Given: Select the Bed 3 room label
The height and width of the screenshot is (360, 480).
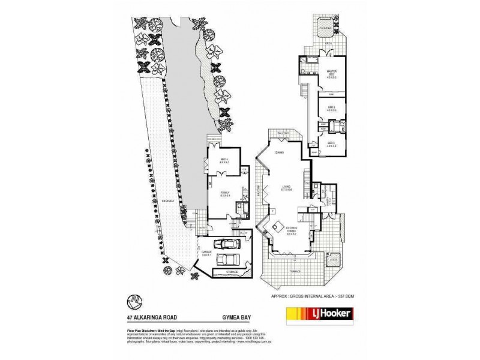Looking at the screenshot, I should (331, 143).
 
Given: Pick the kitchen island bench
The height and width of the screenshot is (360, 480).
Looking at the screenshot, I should (278, 227).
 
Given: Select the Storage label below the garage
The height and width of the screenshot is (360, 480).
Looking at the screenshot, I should (231, 272).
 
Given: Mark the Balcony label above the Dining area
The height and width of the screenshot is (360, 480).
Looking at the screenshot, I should (283, 133).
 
